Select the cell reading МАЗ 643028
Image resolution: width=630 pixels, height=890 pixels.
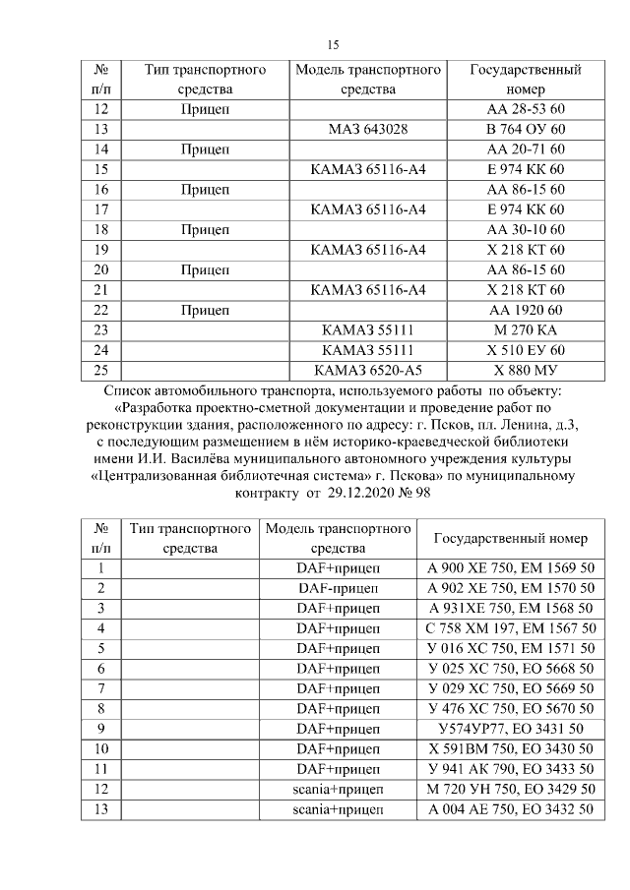[x=368, y=129]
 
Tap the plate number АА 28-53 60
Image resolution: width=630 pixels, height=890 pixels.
[x=526, y=109]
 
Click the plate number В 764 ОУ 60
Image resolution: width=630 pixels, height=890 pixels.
[x=526, y=129]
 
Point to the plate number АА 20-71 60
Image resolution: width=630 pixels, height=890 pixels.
[x=526, y=149]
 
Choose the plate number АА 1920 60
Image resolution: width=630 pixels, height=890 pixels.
[x=526, y=310]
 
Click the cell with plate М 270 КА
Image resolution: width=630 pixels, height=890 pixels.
[x=526, y=329]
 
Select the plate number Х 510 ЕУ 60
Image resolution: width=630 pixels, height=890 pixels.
[x=526, y=349]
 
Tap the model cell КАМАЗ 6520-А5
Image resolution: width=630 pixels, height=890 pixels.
[x=368, y=370]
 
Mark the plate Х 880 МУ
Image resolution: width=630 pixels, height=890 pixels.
[x=526, y=370]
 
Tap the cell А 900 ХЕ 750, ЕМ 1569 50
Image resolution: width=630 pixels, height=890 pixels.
[x=511, y=568]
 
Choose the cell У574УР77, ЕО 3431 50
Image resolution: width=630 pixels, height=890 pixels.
[x=511, y=729]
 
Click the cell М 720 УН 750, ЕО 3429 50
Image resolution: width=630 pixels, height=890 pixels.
[x=511, y=789]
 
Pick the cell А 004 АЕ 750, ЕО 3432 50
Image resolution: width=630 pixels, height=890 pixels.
[x=511, y=809]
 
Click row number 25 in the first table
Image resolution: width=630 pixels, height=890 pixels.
[x=99, y=370]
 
